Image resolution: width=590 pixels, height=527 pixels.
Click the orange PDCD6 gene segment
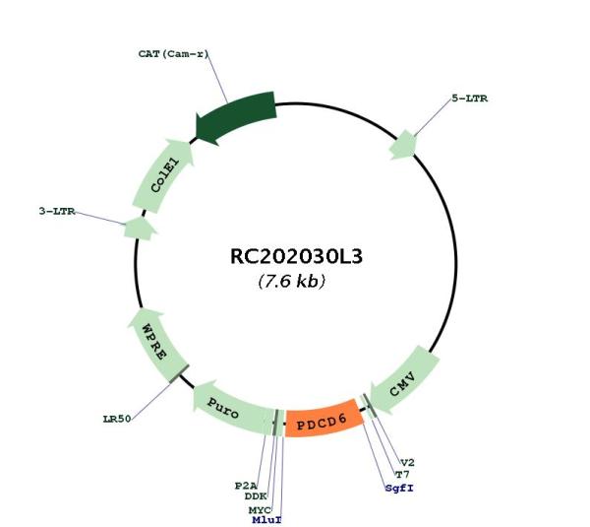coord(324,419)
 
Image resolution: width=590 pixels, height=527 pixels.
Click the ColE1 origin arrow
coord(163,175)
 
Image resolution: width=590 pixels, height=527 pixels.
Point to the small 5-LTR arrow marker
coord(404,145)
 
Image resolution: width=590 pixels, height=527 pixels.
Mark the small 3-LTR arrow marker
coord(140,229)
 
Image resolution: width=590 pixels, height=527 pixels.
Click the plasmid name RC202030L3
coord(296,256)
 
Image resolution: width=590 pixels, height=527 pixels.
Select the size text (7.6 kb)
coord(292,281)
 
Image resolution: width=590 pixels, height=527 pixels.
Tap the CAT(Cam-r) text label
coord(173,54)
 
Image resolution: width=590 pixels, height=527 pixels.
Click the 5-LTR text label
coord(470,99)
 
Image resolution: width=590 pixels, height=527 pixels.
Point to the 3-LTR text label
coord(57,211)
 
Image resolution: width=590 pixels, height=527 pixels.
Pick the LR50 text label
coord(117,419)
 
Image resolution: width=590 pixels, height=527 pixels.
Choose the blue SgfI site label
coord(399,489)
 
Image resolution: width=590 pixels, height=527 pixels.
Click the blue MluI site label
coord(266,520)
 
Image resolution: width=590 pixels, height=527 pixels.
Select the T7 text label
coord(402,475)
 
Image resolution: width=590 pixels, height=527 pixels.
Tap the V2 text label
coord(407,463)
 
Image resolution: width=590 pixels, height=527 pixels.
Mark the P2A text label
coord(246,486)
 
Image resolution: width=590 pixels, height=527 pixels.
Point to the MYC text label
coord(260,510)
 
